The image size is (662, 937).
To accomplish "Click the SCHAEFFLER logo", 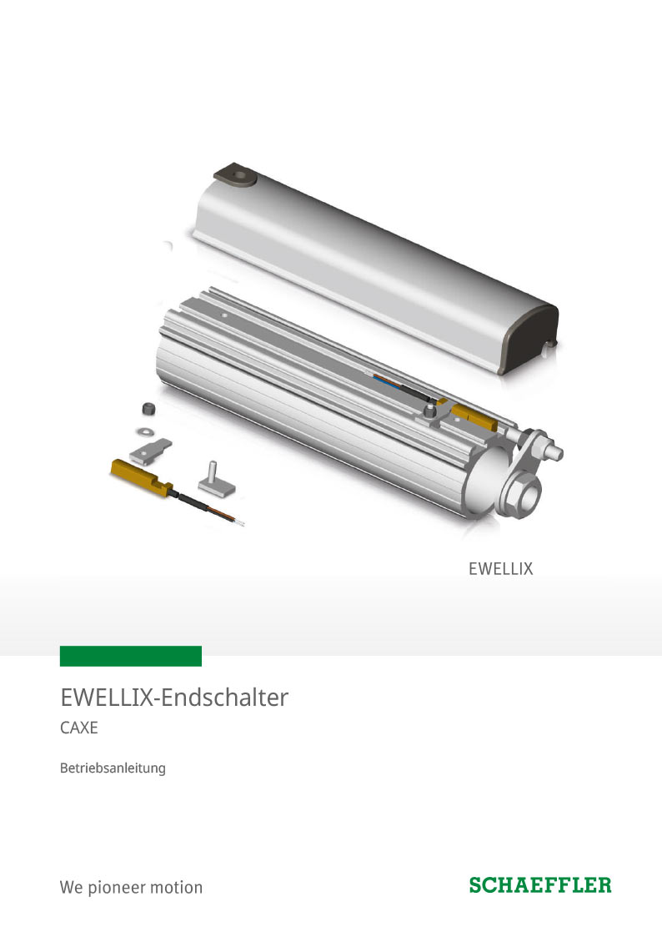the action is tap(540, 885).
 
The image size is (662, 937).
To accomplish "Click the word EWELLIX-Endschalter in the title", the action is tap(174, 698).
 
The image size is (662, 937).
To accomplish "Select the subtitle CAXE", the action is tap(79, 728).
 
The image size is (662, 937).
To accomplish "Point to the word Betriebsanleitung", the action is tap(113, 768).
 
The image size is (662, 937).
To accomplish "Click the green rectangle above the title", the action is tap(131, 656).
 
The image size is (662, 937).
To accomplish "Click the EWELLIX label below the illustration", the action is tap(500, 569).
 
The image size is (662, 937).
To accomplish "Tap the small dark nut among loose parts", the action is tap(148, 410).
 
